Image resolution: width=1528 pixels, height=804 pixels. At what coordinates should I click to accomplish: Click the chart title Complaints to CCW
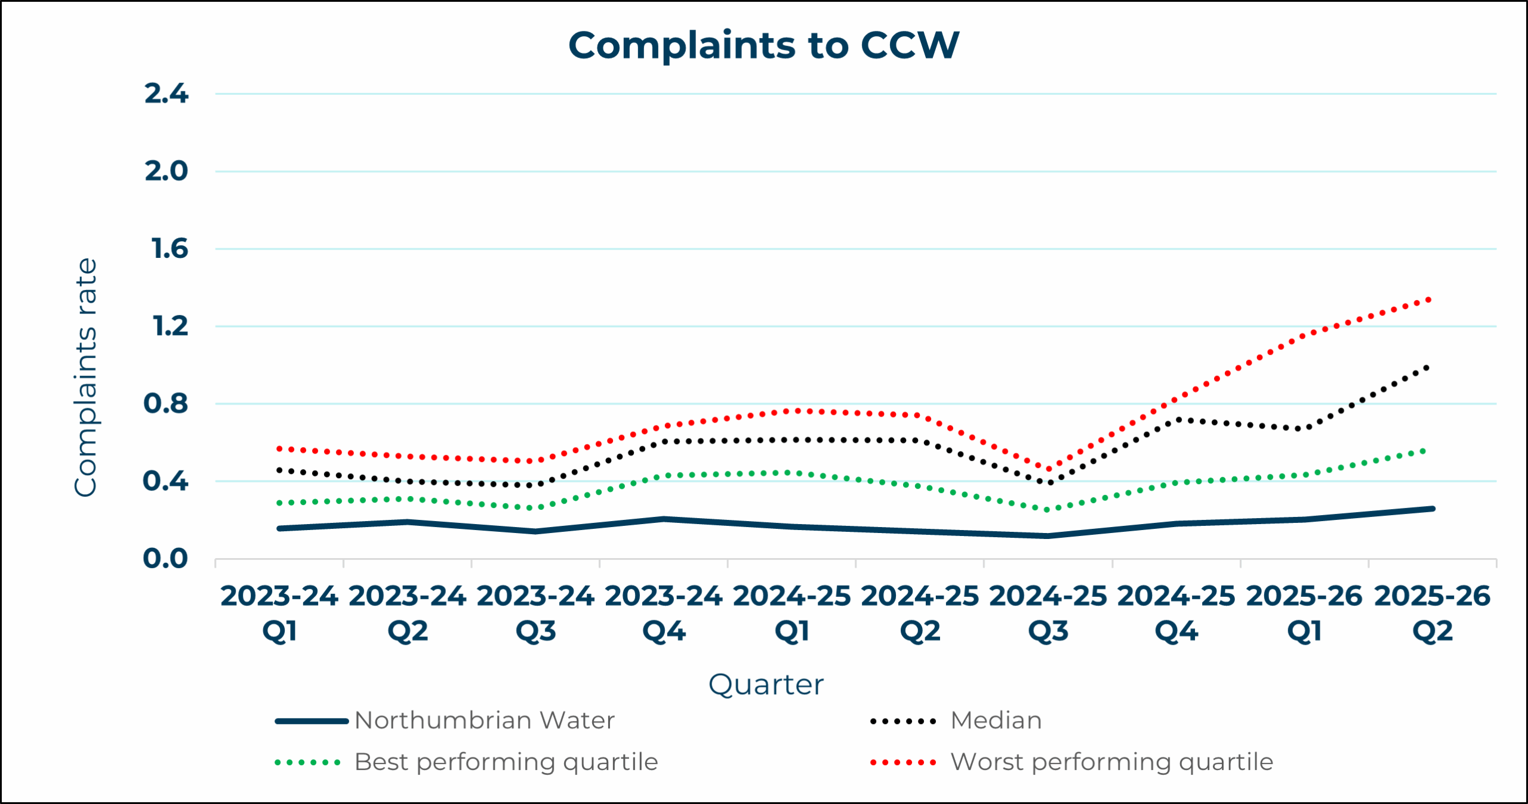point(763,45)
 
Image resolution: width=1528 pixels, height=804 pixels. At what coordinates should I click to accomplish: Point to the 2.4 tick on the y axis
point(166,94)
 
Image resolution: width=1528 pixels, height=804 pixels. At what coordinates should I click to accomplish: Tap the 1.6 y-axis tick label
point(170,249)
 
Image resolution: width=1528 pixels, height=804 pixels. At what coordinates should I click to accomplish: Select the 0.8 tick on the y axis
point(165,404)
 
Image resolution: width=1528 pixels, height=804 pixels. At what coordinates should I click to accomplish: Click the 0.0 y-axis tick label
point(165,559)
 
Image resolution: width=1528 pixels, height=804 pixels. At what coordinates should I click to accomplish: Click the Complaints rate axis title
point(85,377)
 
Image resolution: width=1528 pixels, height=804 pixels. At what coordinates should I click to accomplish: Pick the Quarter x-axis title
point(766,685)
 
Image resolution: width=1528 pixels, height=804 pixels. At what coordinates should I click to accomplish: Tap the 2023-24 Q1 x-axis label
point(279,613)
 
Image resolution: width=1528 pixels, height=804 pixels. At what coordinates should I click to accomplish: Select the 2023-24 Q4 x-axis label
point(664,613)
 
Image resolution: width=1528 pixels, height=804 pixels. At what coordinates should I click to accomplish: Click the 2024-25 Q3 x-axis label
point(1048,613)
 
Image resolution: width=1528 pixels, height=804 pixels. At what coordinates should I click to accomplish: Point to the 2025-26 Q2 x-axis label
point(1432,613)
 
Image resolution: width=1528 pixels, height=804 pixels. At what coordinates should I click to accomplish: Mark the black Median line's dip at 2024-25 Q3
point(1048,482)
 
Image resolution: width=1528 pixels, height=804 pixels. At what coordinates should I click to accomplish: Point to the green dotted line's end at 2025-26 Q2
point(1425,451)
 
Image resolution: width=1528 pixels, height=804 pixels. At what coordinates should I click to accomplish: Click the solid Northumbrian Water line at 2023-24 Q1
point(279,528)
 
